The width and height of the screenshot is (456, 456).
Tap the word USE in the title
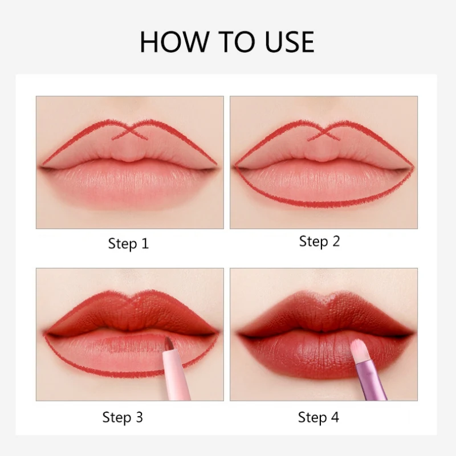(x=290, y=42)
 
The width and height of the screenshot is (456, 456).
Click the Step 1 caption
(x=128, y=243)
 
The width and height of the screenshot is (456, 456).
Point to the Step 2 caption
(x=319, y=241)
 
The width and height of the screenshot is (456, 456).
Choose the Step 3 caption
(x=123, y=417)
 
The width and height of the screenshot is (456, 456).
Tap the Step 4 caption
(x=319, y=417)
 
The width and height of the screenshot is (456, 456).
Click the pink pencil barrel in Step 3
(x=176, y=376)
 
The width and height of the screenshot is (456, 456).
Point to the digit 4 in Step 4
(x=335, y=417)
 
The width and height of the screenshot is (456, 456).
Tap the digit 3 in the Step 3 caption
(x=139, y=417)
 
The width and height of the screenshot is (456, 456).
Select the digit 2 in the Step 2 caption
(x=336, y=241)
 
